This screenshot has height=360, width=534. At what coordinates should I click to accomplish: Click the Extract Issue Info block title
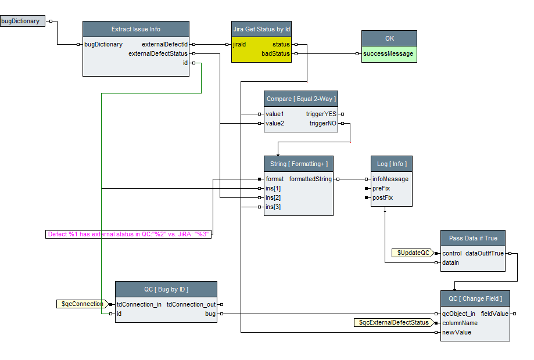pos(136,29)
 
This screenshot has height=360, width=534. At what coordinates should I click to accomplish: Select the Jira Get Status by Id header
pos(261,29)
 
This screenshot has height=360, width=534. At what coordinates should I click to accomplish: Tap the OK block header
pos(389,38)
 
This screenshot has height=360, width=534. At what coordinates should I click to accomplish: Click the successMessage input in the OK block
pos(388,53)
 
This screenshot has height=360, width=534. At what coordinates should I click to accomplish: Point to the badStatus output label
pos(276,53)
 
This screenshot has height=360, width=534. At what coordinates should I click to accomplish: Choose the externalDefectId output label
pos(164,44)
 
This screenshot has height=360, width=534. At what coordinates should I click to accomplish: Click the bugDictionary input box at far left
pos(21,21)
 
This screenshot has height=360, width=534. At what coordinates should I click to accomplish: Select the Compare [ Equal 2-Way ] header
pos(301,99)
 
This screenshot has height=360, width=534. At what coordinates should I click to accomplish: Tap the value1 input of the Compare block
pos(275,114)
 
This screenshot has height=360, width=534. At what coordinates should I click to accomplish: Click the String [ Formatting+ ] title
pos(299,164)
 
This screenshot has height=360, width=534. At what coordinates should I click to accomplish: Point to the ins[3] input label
pos(273,207)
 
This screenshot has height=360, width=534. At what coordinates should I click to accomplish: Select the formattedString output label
pos(310,179)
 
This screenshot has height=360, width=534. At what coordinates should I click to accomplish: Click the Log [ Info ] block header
pos(392,164)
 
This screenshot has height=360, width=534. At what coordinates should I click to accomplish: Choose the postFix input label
pos(382,197)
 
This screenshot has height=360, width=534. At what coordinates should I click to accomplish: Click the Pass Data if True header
pos(473,238)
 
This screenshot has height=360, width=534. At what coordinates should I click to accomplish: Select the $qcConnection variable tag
pos(82,304)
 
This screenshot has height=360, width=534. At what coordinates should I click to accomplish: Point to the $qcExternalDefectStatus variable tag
pos(393,322)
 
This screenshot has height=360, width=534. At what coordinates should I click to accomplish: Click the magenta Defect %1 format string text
pos(128,234)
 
